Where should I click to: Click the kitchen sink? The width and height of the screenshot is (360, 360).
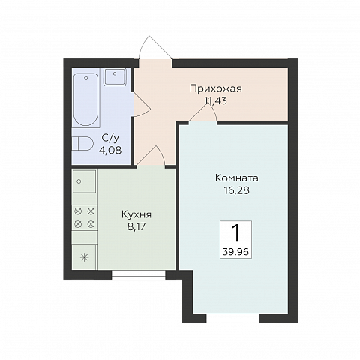[85, 182]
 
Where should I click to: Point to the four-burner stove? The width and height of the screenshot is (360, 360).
[85, 217]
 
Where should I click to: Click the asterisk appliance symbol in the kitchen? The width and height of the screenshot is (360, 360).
[85, 256]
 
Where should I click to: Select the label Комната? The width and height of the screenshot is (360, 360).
[236, 178]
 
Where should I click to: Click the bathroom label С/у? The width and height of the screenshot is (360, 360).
[109, 139]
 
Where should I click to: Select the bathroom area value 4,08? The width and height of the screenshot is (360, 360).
[109, 151]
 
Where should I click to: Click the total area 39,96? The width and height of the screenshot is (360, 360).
[237, 253]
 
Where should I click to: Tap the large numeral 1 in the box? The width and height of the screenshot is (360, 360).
[237, 232]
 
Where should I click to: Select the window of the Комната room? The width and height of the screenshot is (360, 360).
[227, 318]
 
